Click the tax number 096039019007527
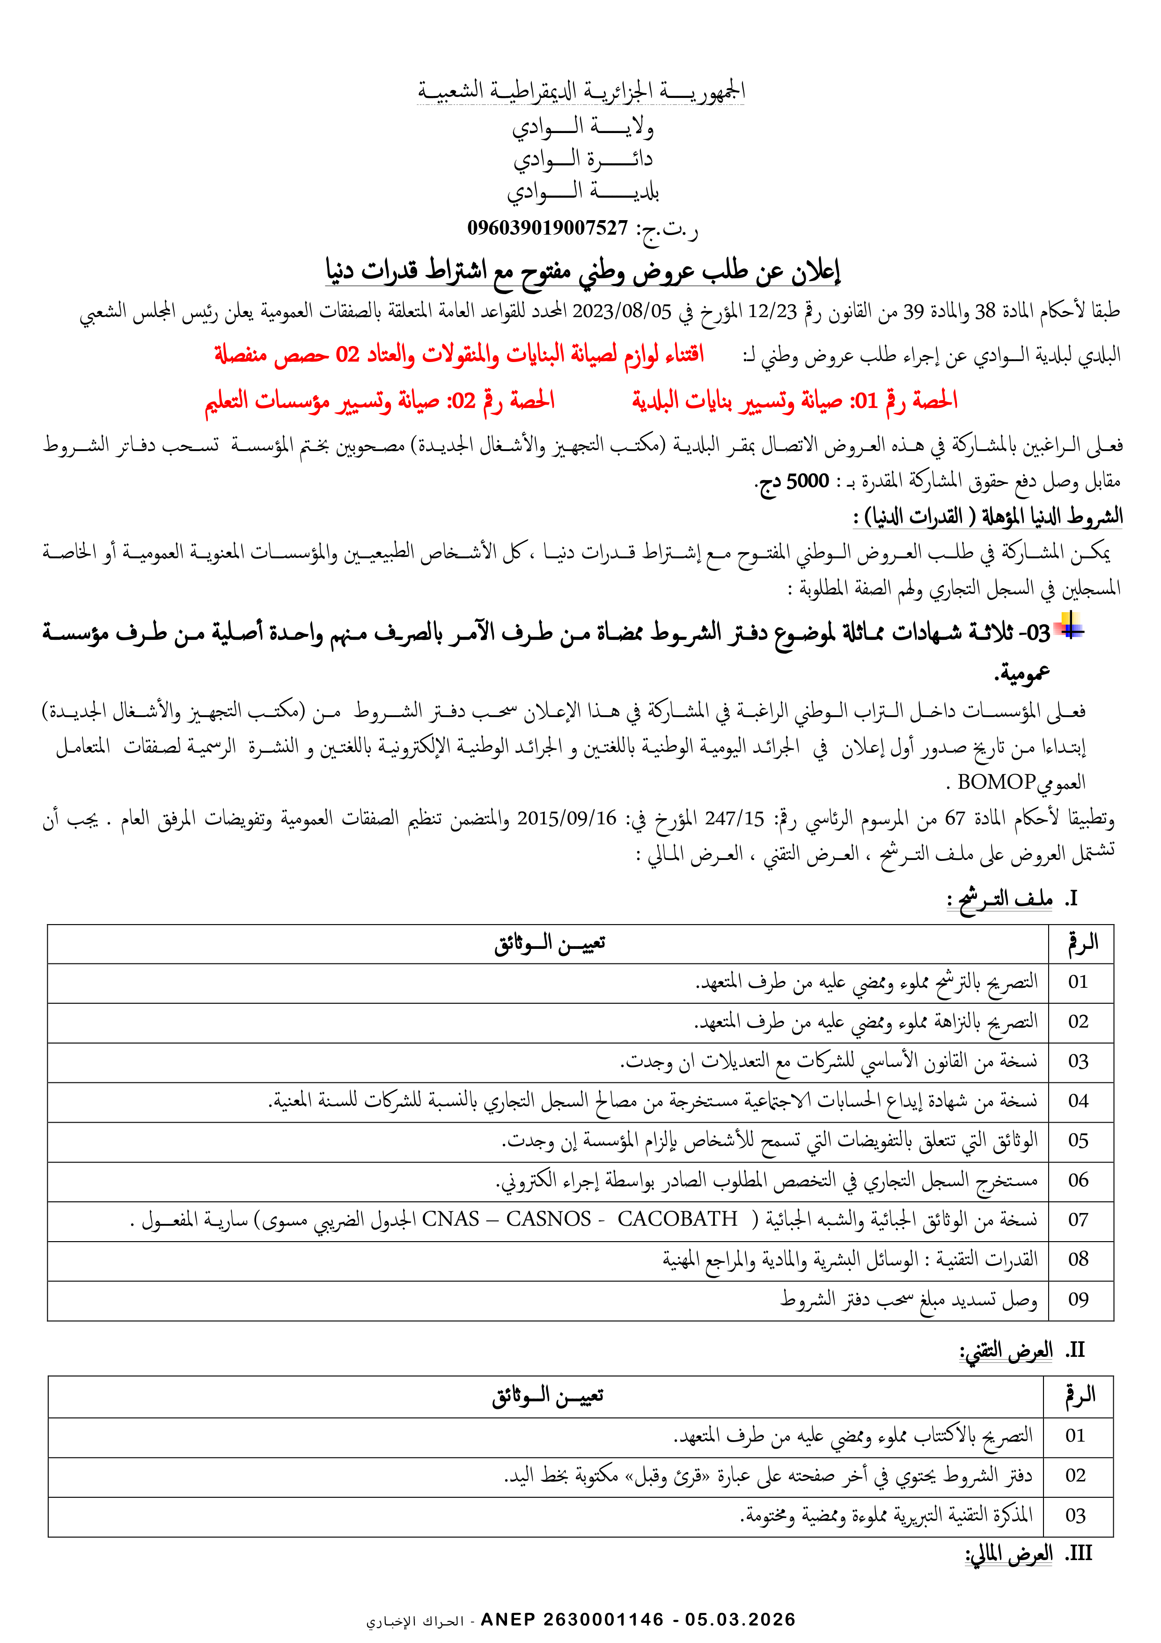pos(547,228)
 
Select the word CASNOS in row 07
pos(549,1219)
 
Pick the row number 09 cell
pos(1078,1299)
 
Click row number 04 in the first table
pos(1078,1101)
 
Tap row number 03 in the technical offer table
pos(1075,1516)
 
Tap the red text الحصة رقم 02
pos(501,401)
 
